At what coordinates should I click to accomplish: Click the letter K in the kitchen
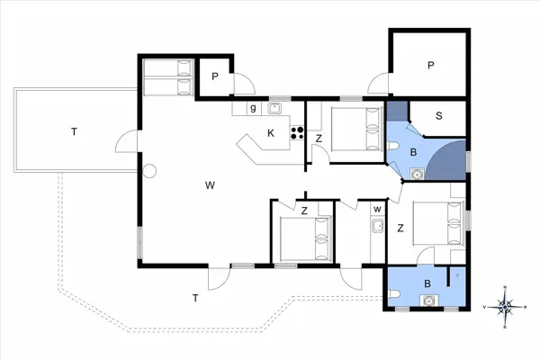[x=270, y=133]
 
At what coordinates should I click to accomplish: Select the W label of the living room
[x=209, y=185]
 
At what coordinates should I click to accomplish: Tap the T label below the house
[x=193, y=297]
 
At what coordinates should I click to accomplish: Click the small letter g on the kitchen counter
[x=254, y=108]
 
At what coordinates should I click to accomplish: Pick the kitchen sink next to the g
[x=274, y=109]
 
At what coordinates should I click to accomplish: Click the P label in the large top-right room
[x=431, y=65]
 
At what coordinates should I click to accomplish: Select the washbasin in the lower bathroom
[x=429, y=301]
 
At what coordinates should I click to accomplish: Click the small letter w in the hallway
[x=376, y=210]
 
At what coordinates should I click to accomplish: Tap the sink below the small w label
[x=376, y=226]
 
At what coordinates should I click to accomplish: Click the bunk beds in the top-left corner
[x=167, y=77]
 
